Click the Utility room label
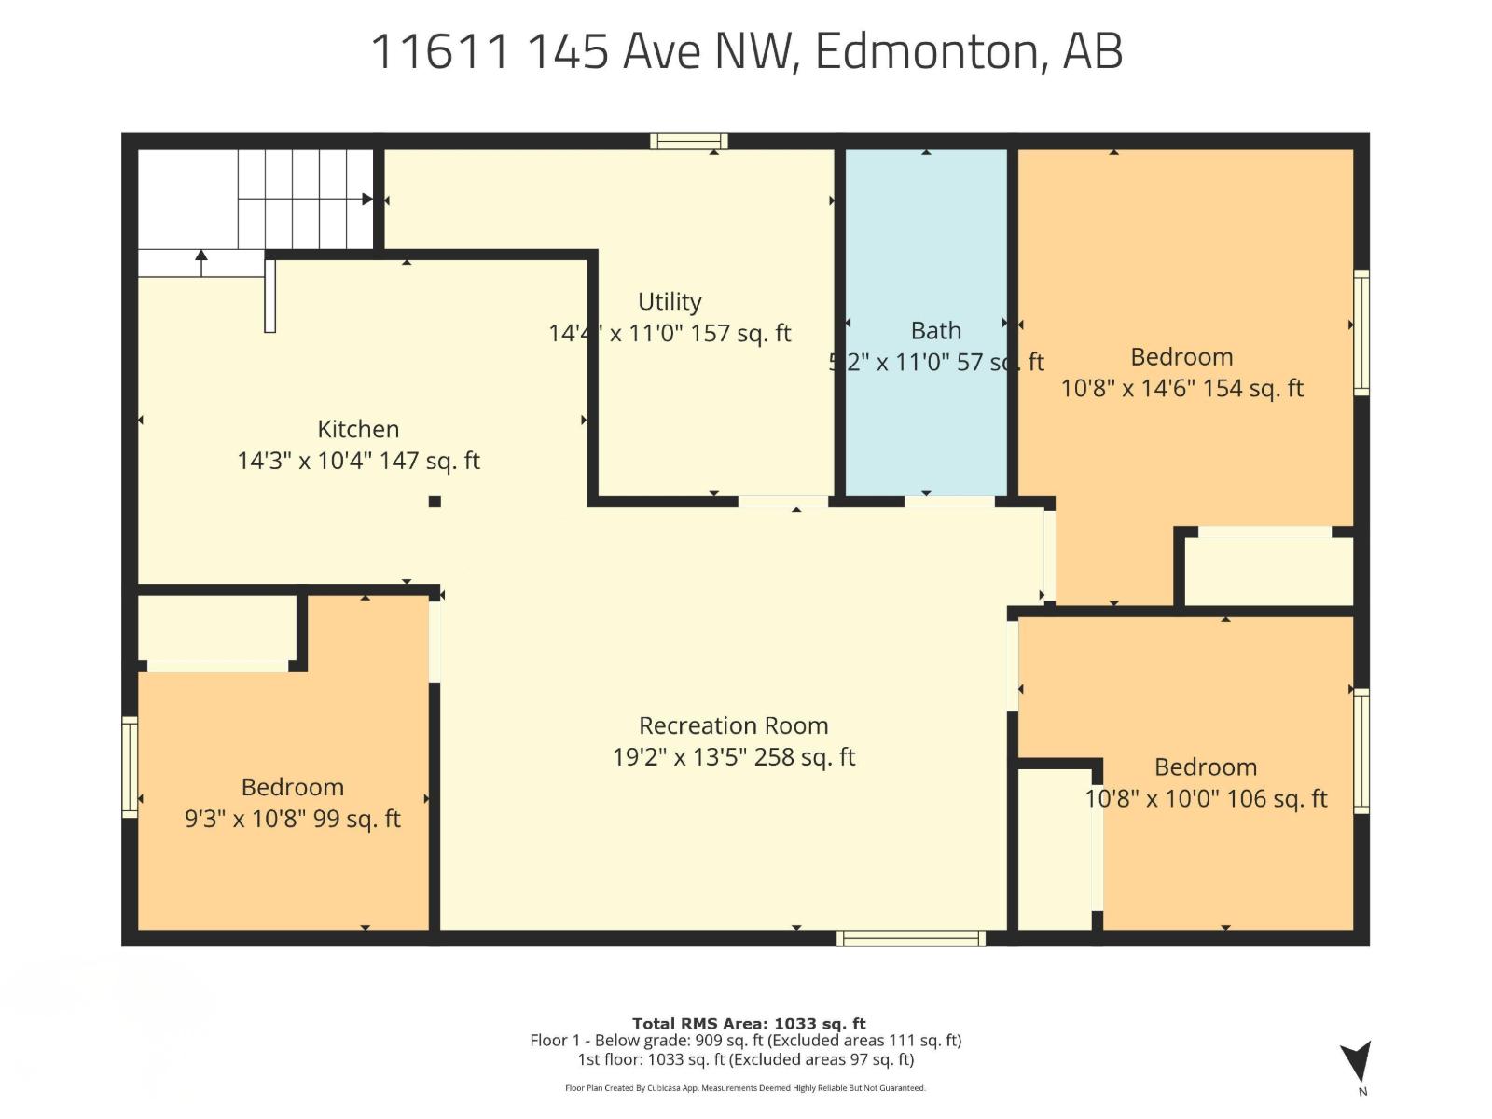[670, 302]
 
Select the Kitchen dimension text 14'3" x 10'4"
[358, 461]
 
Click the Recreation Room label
[733, 725]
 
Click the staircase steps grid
[305, 198]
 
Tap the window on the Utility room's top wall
[689, 142]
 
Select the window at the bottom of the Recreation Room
[911, 938]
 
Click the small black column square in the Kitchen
[435, 502]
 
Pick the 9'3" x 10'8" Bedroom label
[292, 787]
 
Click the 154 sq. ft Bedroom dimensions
[1181, 389]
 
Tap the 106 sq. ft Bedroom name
[1205, 767]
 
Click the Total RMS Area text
[749, 1023]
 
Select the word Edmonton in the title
[926, 50]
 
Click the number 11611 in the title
[441, 50]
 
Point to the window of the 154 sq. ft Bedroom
[1361, 333]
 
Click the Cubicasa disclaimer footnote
[745, 1088]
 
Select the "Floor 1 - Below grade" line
[745, 1041]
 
